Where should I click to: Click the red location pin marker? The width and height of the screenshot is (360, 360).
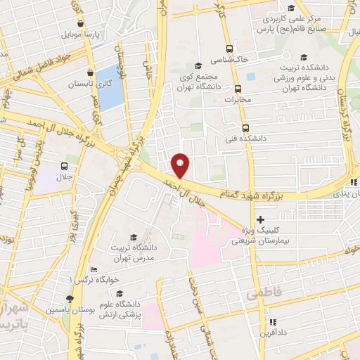(181, 165)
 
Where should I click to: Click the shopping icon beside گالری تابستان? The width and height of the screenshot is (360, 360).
(90, 72)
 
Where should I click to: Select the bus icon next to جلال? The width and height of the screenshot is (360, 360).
(65, 167)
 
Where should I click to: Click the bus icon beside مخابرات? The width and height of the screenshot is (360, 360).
(238, 89)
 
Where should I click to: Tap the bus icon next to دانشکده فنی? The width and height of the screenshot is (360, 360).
(245, 128)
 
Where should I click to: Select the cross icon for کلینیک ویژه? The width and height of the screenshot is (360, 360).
(260, 220)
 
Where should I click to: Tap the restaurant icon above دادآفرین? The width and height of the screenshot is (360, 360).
(268, 323)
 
